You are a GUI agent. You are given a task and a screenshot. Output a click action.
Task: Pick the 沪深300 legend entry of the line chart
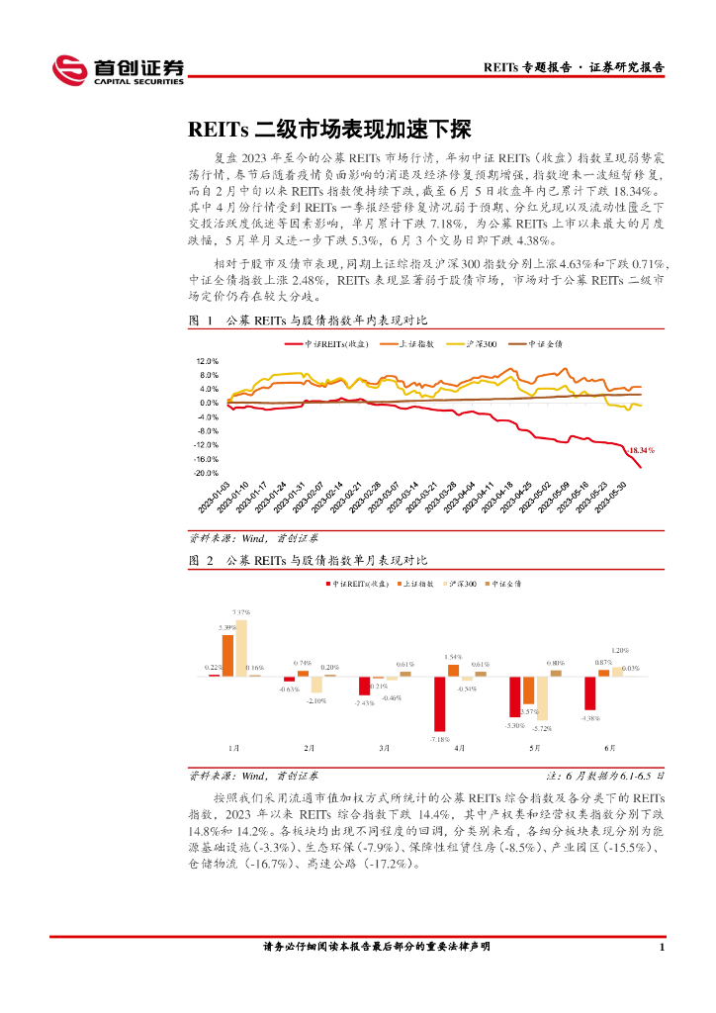pos(477,343)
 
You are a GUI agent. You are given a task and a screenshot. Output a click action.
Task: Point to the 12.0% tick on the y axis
pos(207,361)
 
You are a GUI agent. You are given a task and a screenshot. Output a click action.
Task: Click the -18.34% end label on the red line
pos(641,449)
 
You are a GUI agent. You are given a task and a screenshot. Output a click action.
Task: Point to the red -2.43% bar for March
pos(364,686)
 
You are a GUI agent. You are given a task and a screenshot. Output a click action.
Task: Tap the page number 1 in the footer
pos(661,947)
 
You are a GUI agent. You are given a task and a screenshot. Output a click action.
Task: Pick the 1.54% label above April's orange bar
pos(453,657)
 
